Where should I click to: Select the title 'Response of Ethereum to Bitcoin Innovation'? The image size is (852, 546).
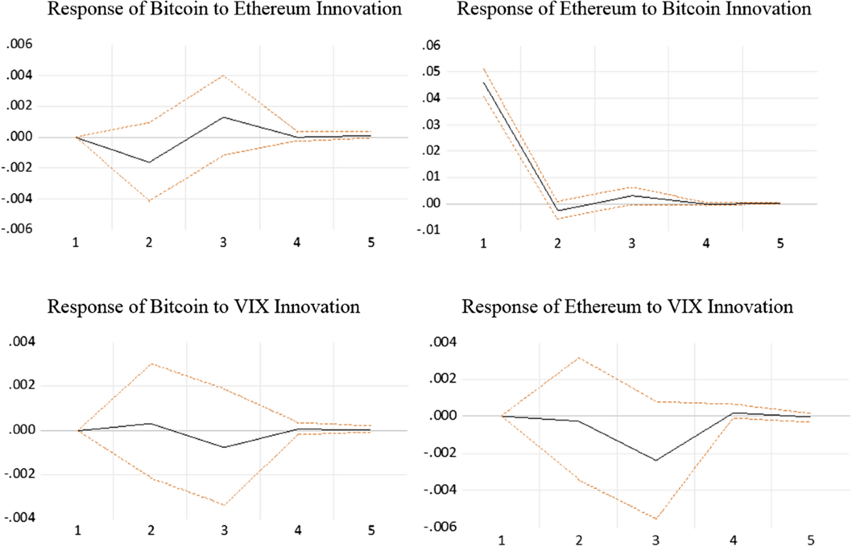click(x=627, y=11)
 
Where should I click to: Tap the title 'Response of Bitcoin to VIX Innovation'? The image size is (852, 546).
click(x=204, y=307)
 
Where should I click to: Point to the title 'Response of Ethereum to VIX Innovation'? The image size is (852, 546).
click(x=627, y=307)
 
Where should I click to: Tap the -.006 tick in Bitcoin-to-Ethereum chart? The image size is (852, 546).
click(x=17, y=229)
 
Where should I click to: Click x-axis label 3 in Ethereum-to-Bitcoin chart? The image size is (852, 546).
click(x=631, y=244)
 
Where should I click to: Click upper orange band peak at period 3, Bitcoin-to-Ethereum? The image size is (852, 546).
click(x=224, y=75)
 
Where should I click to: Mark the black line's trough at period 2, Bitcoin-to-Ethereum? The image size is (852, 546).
click(x=149, y=163)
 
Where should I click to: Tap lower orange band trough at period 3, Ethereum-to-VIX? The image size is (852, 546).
click(x=655, y=519)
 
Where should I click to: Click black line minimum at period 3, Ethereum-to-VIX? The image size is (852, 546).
click(x=655, y=460)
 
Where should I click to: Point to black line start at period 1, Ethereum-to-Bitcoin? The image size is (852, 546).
click(x=484, y=82)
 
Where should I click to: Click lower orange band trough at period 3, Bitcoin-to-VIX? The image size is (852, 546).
click(x=224, y=506)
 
